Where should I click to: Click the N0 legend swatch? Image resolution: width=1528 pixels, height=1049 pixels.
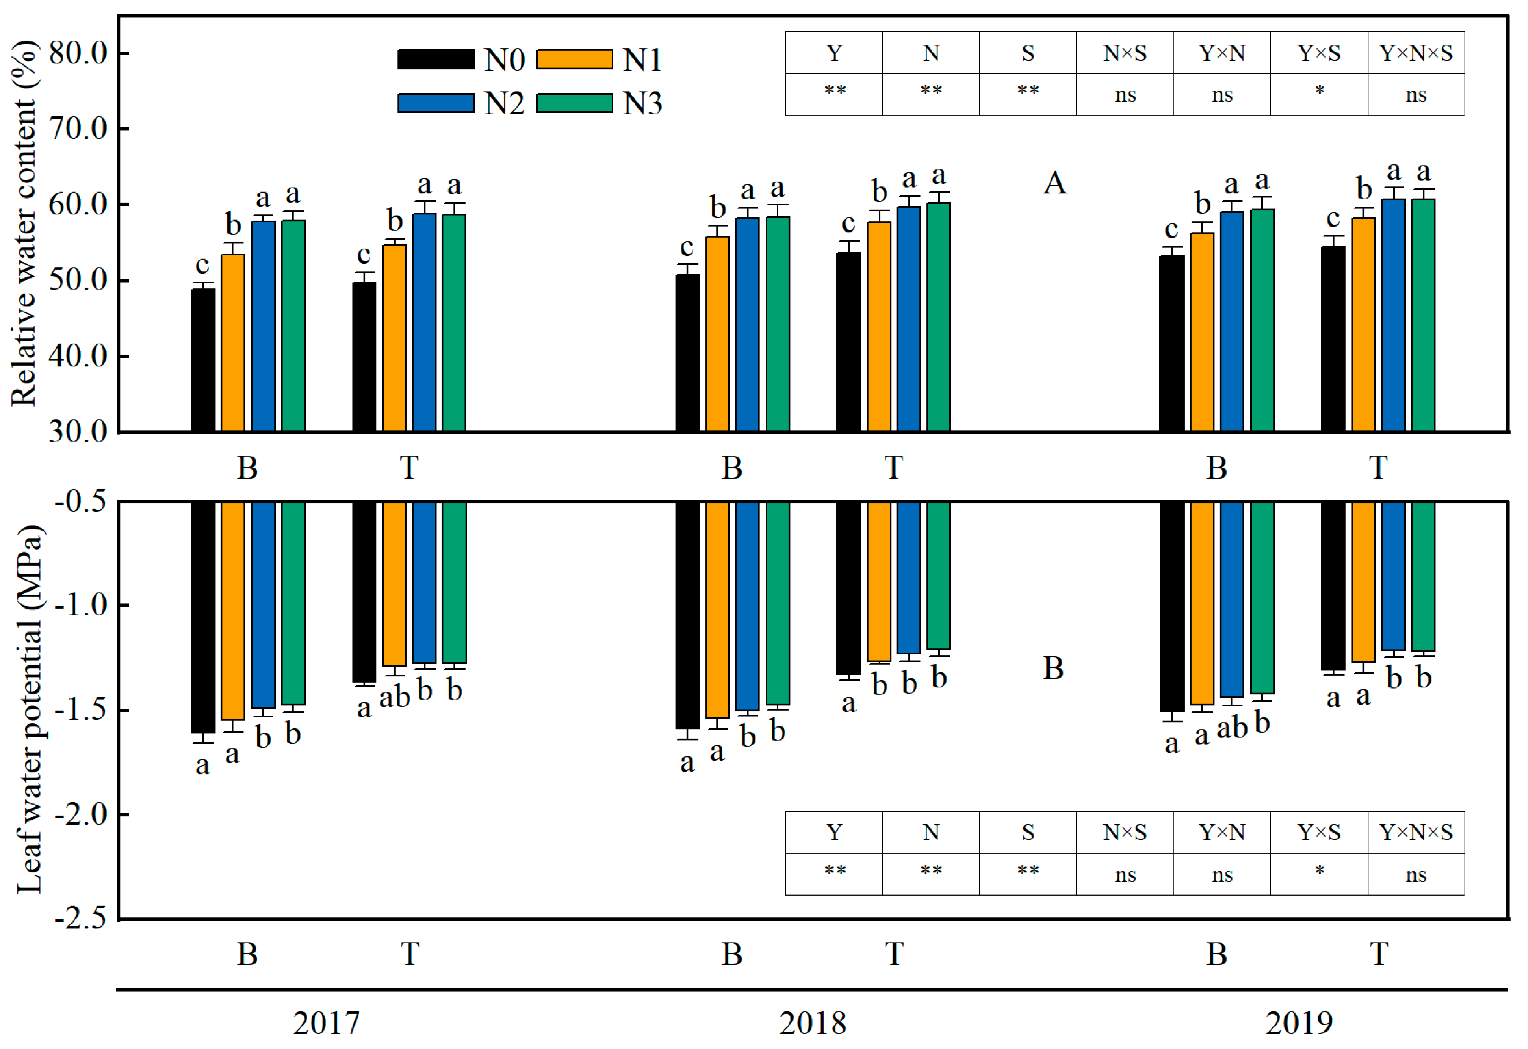pyautogui.click(x=435, y=59)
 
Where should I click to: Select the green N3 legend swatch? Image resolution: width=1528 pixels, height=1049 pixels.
pyautogui.click(x=574, y=103)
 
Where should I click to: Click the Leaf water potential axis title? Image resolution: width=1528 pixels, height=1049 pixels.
pyautogui.click(x=30, y=710)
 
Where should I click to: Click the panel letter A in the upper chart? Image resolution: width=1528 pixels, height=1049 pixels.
pyautogui.click(x=1054, y=183)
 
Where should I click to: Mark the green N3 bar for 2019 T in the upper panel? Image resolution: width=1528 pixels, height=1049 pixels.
pyautogui.click(x=1423, y=315)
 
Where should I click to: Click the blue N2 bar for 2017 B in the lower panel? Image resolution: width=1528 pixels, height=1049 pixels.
pyautogui.click(x=263, y=605)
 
